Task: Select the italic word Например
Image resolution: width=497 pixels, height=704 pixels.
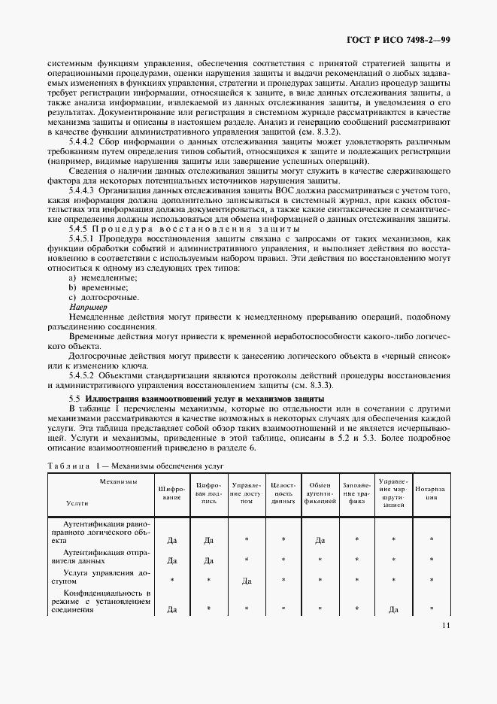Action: [88, 308]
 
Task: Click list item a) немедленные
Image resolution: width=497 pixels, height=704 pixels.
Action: [98, 278]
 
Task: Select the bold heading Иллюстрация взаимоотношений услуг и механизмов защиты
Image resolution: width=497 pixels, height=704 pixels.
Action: [205, 397]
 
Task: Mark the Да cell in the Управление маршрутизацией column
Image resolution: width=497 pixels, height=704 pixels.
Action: [393, 609]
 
